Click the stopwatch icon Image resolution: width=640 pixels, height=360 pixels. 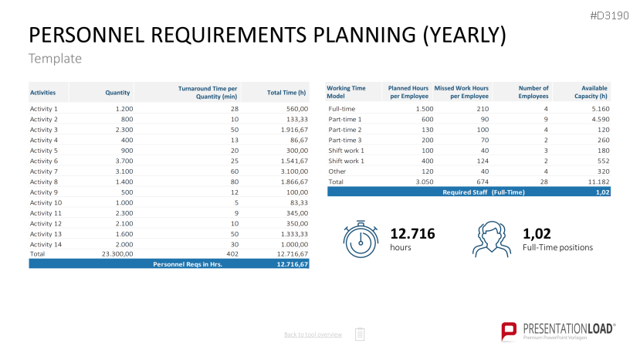click(x=360, y=238)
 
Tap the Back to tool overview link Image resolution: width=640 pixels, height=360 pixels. click(x=313, y=335)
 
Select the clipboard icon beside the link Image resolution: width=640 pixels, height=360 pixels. click(x=360, y=334)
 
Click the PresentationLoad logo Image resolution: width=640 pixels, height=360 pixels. click(x=558, y=331)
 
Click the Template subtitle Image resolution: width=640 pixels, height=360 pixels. click(x=55, y=59)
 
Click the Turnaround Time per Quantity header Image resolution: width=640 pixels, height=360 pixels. click(x=207, y=93)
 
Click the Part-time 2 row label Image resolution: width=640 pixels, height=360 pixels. click(x=345, y=129)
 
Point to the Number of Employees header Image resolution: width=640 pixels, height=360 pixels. click(x=533, y=93)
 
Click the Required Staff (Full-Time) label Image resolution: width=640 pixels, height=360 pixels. click(x=483, y=192)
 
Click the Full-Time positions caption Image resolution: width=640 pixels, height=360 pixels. click(x=557, y=247)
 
